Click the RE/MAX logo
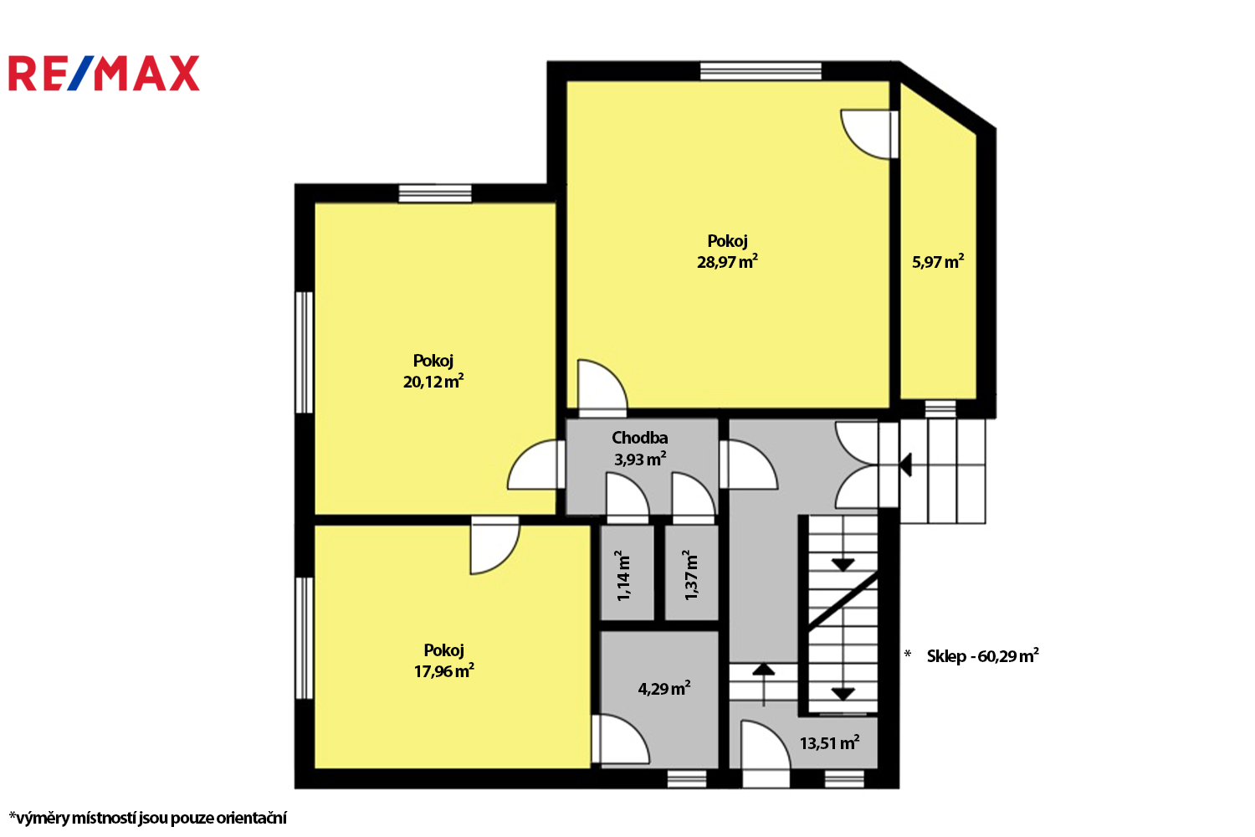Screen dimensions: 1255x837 click(105, 73)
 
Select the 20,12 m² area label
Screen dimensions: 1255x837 click(433, 381)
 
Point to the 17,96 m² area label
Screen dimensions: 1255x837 click(443, 671)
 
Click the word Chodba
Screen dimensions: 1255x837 click(639, 437)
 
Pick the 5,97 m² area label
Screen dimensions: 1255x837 click(938, 262)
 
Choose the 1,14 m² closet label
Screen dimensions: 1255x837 click(622, 575)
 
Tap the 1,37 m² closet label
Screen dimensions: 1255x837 click(690, 575)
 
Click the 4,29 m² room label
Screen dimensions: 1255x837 click(664, 689)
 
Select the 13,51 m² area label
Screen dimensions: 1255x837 click(829, 743)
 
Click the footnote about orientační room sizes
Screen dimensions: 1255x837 click(148, 818)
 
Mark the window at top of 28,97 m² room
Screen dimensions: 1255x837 click(761, 71)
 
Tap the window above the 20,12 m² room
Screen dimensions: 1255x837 click(435, 193)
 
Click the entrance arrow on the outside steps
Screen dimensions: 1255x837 click(905, 465)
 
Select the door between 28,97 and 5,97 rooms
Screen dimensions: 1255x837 click(869, 135)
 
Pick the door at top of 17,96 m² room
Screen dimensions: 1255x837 click(494, 545)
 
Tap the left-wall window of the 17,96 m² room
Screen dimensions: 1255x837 click(304, 639)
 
